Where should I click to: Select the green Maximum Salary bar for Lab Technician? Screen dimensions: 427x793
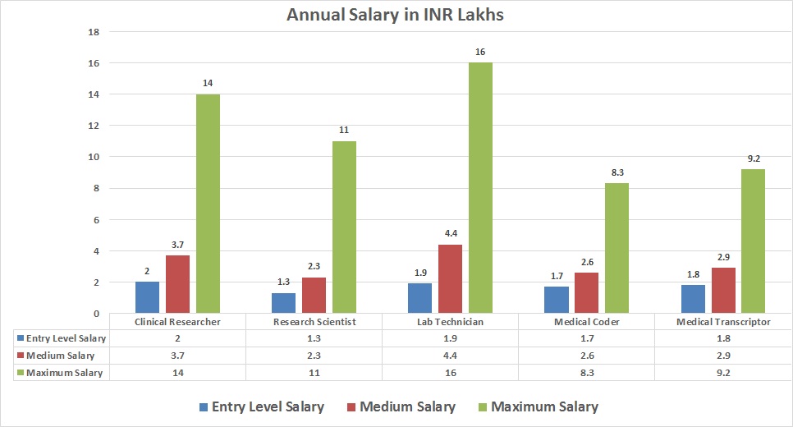pyautogui.click(x=480, y=188)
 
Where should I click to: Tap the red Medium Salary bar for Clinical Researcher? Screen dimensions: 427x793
pyautogui.click(x=177, y=284)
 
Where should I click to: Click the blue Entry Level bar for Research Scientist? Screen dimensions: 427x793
pyautogui.click(x=283, y=303)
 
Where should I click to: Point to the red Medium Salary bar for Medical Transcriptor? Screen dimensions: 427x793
pyautogui.click(x=723, y=290)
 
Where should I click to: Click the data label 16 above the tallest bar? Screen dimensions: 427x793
pyautogui.click(x=480, y=53)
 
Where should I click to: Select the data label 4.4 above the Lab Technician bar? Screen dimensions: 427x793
pyautogui.click(x=451, y=234)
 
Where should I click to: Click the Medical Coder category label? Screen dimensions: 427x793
pyautogui.click(x=587, y=322)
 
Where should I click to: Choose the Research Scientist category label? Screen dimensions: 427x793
pyautogui.click(x=314, y=322)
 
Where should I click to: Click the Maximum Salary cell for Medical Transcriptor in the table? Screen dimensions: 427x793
pyautogui.click(x=723, y=373)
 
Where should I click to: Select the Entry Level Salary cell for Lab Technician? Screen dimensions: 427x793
pyautogui.click(x=451, y=338)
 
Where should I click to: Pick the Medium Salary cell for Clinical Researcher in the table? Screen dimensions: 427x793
pyautogui.click(x=177, y=356)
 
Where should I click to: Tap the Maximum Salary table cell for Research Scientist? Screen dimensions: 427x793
pyautogui.click(x=314, y=373)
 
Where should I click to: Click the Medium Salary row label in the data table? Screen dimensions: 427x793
pyautogui.click(x=61, y=356)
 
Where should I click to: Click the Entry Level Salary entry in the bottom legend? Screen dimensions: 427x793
pyautogui.click(x=260, y=406)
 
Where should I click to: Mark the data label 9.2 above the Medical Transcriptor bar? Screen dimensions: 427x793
pyautogui.click(x=753, y=159)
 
